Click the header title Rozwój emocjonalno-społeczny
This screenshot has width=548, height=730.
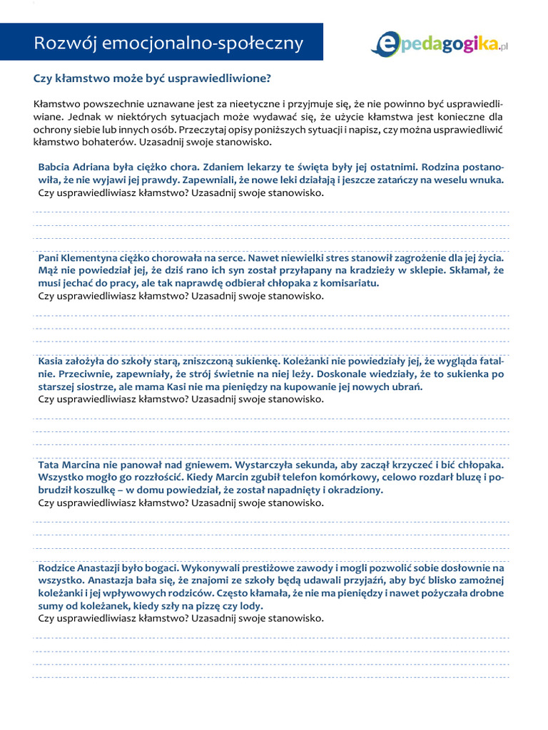coord(169,43)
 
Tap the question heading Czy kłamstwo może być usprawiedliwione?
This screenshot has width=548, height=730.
coord(153,78)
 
